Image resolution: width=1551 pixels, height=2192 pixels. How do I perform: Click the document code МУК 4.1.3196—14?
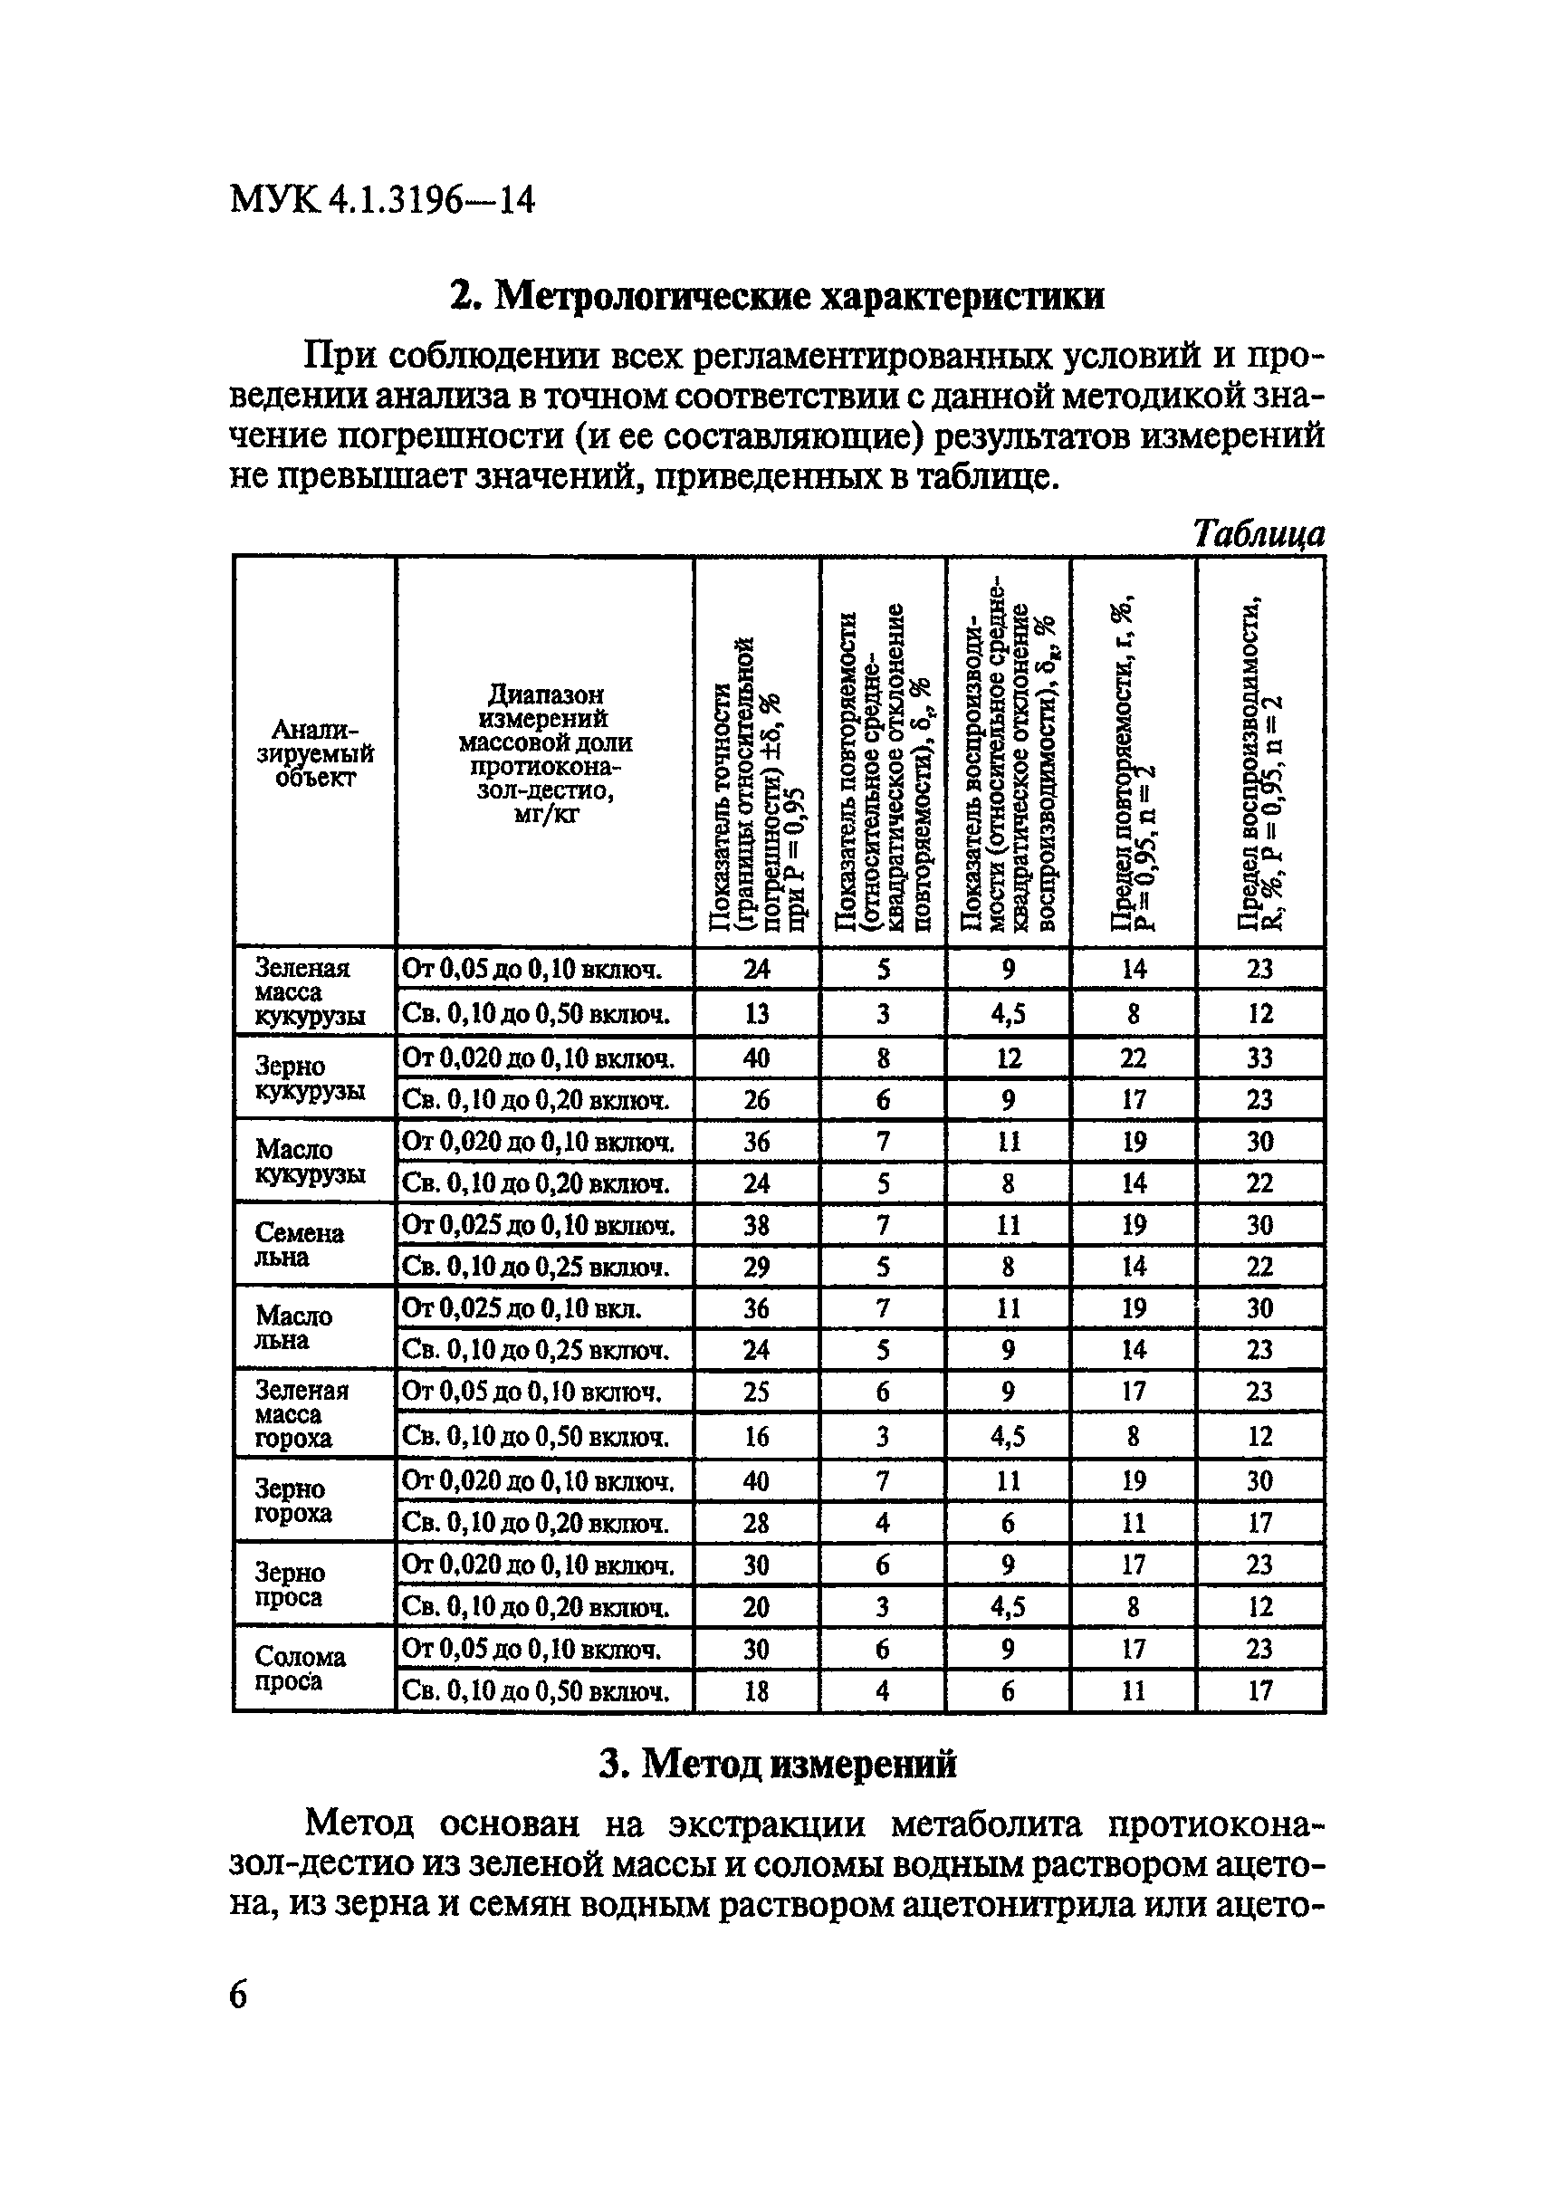382,201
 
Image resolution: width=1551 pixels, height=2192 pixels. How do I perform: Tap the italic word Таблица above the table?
1259,533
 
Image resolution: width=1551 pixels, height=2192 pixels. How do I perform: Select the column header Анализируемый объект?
314,753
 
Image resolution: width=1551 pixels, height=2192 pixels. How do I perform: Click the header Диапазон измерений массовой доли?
544,753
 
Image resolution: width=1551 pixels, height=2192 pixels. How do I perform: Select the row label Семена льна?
299,1246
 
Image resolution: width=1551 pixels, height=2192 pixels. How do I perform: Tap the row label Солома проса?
300,1669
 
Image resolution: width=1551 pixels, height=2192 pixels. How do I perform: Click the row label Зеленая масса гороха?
302,1414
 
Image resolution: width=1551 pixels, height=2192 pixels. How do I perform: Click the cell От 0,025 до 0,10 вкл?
522,1307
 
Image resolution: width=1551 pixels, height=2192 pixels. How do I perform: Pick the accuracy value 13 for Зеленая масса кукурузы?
755,1013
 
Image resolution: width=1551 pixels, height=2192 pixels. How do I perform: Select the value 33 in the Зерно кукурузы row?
1259,1058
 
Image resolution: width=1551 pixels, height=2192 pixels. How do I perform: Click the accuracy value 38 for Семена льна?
755,1224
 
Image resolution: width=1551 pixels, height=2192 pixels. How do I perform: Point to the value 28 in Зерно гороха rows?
755,1523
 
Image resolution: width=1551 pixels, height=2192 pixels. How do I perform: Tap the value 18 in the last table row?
755,1691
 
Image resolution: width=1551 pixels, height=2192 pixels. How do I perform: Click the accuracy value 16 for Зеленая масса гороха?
755,1437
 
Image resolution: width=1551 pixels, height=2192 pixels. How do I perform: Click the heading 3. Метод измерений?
778,1763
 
